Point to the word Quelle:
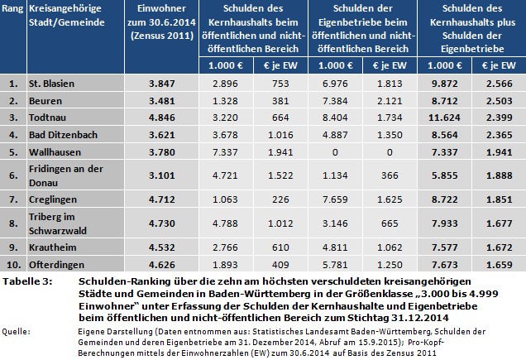(x=17, y=330)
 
